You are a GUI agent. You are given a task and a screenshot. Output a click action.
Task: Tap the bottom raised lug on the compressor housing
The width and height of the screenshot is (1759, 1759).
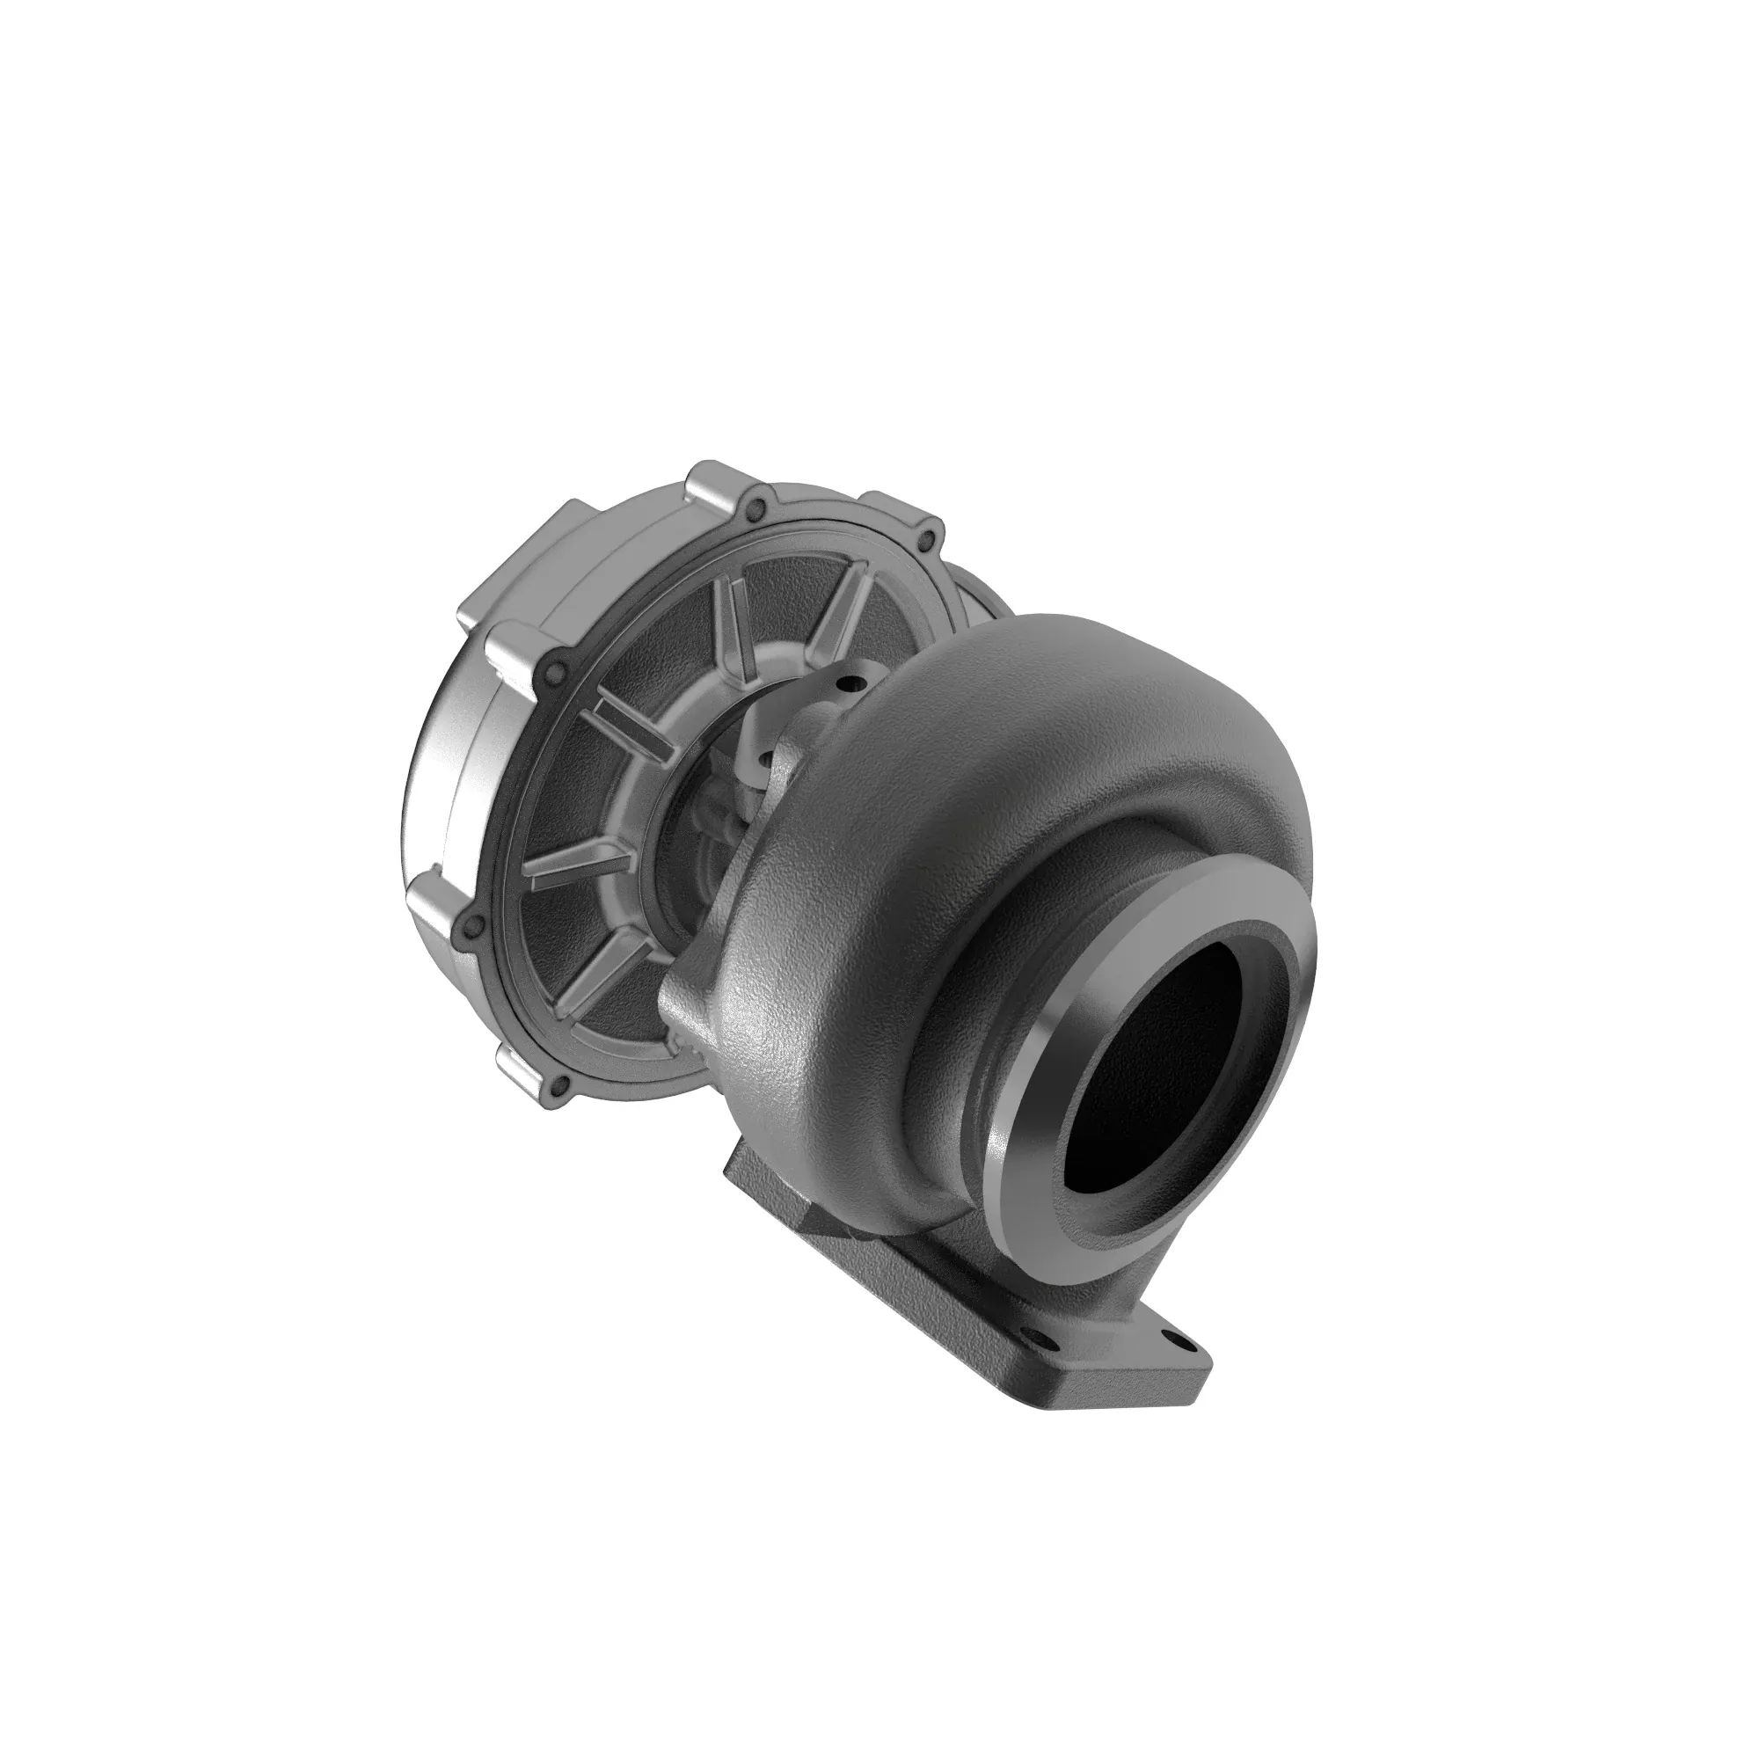523,1069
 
